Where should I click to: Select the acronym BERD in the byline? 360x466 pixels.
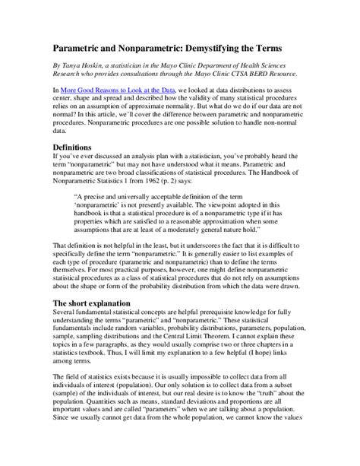[x=257, y=74]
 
